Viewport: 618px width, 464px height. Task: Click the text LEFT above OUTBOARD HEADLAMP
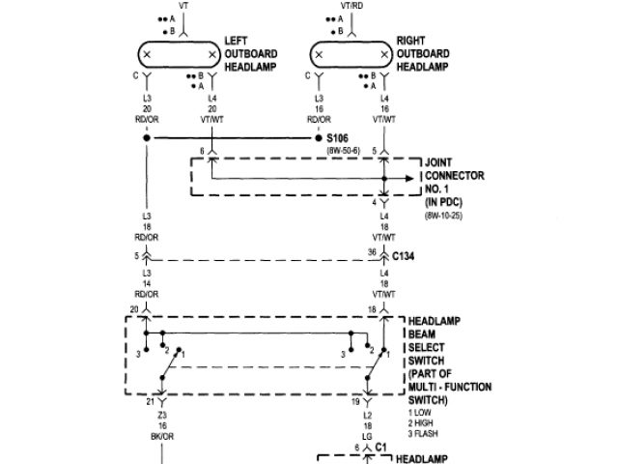(x=237, y=41)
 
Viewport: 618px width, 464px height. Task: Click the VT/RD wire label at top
(x=351, y=5)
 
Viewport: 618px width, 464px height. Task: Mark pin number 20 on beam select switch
(x=133, y=307)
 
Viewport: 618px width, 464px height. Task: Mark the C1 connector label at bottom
(x=380, y=449)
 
